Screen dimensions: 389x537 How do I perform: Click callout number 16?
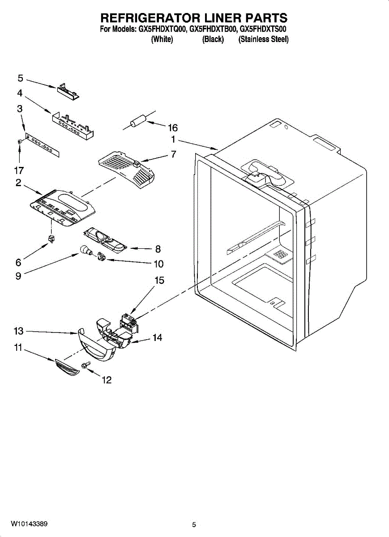(173, 128)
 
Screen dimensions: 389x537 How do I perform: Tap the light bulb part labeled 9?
(86, 250)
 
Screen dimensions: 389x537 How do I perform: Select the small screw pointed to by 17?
(20, 142)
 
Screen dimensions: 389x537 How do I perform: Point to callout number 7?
(173, 154)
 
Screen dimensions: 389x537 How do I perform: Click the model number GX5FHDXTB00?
(212, 29)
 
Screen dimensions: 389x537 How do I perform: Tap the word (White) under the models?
(162, 39)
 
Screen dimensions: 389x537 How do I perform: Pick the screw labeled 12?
(85, 365)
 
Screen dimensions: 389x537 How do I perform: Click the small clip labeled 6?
(51, 239)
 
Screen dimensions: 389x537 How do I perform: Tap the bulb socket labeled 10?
(101, 257)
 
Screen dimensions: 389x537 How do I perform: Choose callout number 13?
(18, 331)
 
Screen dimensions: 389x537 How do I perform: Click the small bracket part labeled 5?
(68, 91)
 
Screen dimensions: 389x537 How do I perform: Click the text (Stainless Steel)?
(263, 39)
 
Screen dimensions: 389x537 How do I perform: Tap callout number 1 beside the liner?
(173, 140)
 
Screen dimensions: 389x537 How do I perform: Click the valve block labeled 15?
(128, 324)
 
